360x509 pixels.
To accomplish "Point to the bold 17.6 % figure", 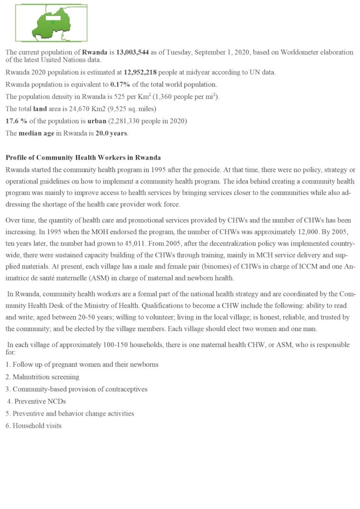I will pyautogui.click(x=16, y=121).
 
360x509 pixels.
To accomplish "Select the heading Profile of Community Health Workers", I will pyautogui.click(x=83, y=158).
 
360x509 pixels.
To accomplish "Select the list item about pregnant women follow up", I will pyautogui.click(x=82, y=364).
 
